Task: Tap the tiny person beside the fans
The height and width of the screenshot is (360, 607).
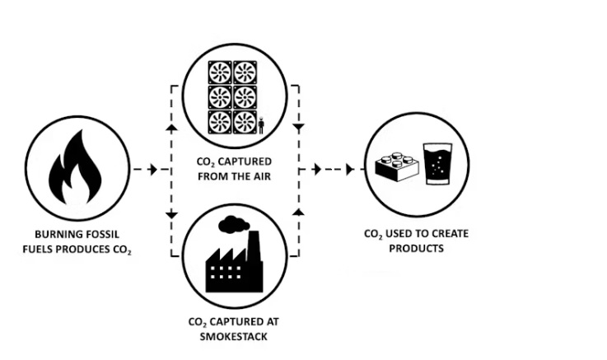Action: tap(261, 126)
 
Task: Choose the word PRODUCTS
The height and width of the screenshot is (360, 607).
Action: tap(416, 248)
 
